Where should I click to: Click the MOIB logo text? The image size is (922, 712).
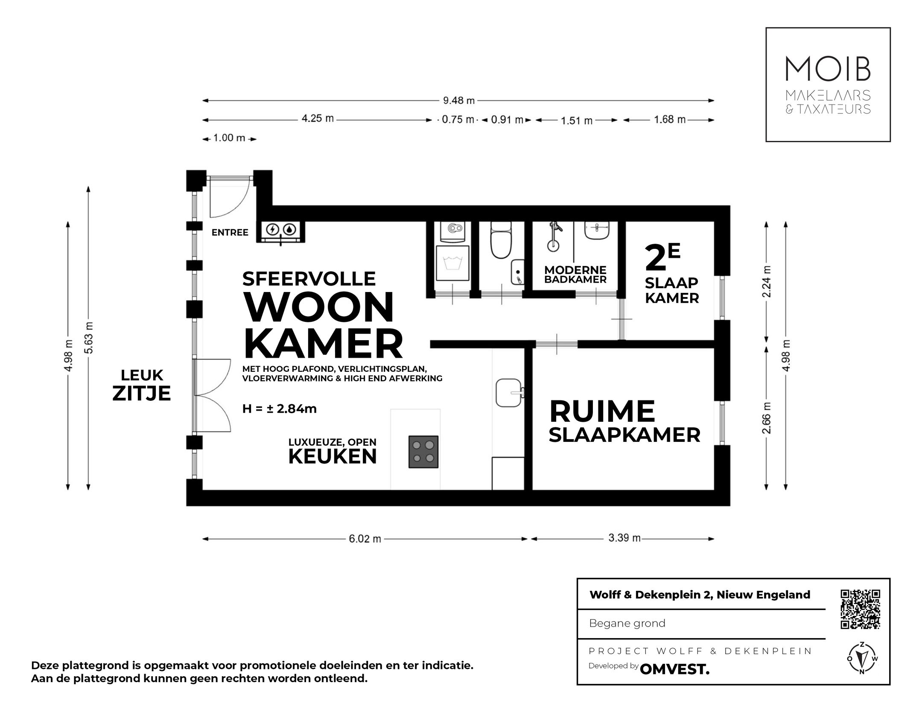828,69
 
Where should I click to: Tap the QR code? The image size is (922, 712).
860,609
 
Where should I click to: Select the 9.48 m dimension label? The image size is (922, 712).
458,101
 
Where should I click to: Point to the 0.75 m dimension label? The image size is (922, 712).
458,120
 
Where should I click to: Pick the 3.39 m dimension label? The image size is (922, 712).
624,538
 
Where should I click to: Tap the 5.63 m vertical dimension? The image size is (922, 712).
89,337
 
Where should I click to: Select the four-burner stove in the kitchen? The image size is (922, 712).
423,452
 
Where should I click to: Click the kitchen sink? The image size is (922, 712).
509,393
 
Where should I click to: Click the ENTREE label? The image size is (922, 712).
230,233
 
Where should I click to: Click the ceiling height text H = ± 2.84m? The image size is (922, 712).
279,409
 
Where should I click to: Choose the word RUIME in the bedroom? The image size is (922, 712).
602,411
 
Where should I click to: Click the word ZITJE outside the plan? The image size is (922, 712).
141,393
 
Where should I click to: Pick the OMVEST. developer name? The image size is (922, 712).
674,669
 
